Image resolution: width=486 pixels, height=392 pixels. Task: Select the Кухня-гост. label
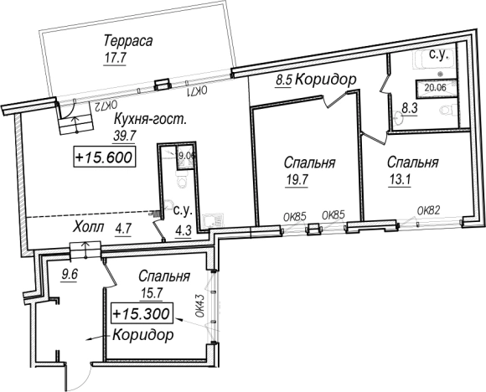pyautogui.click(x=149, y=119)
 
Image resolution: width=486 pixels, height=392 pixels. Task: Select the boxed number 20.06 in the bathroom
pyautogui.click(x=436, y=85)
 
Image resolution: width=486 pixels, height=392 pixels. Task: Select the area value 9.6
pyautogui.click(x=69, y=272)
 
